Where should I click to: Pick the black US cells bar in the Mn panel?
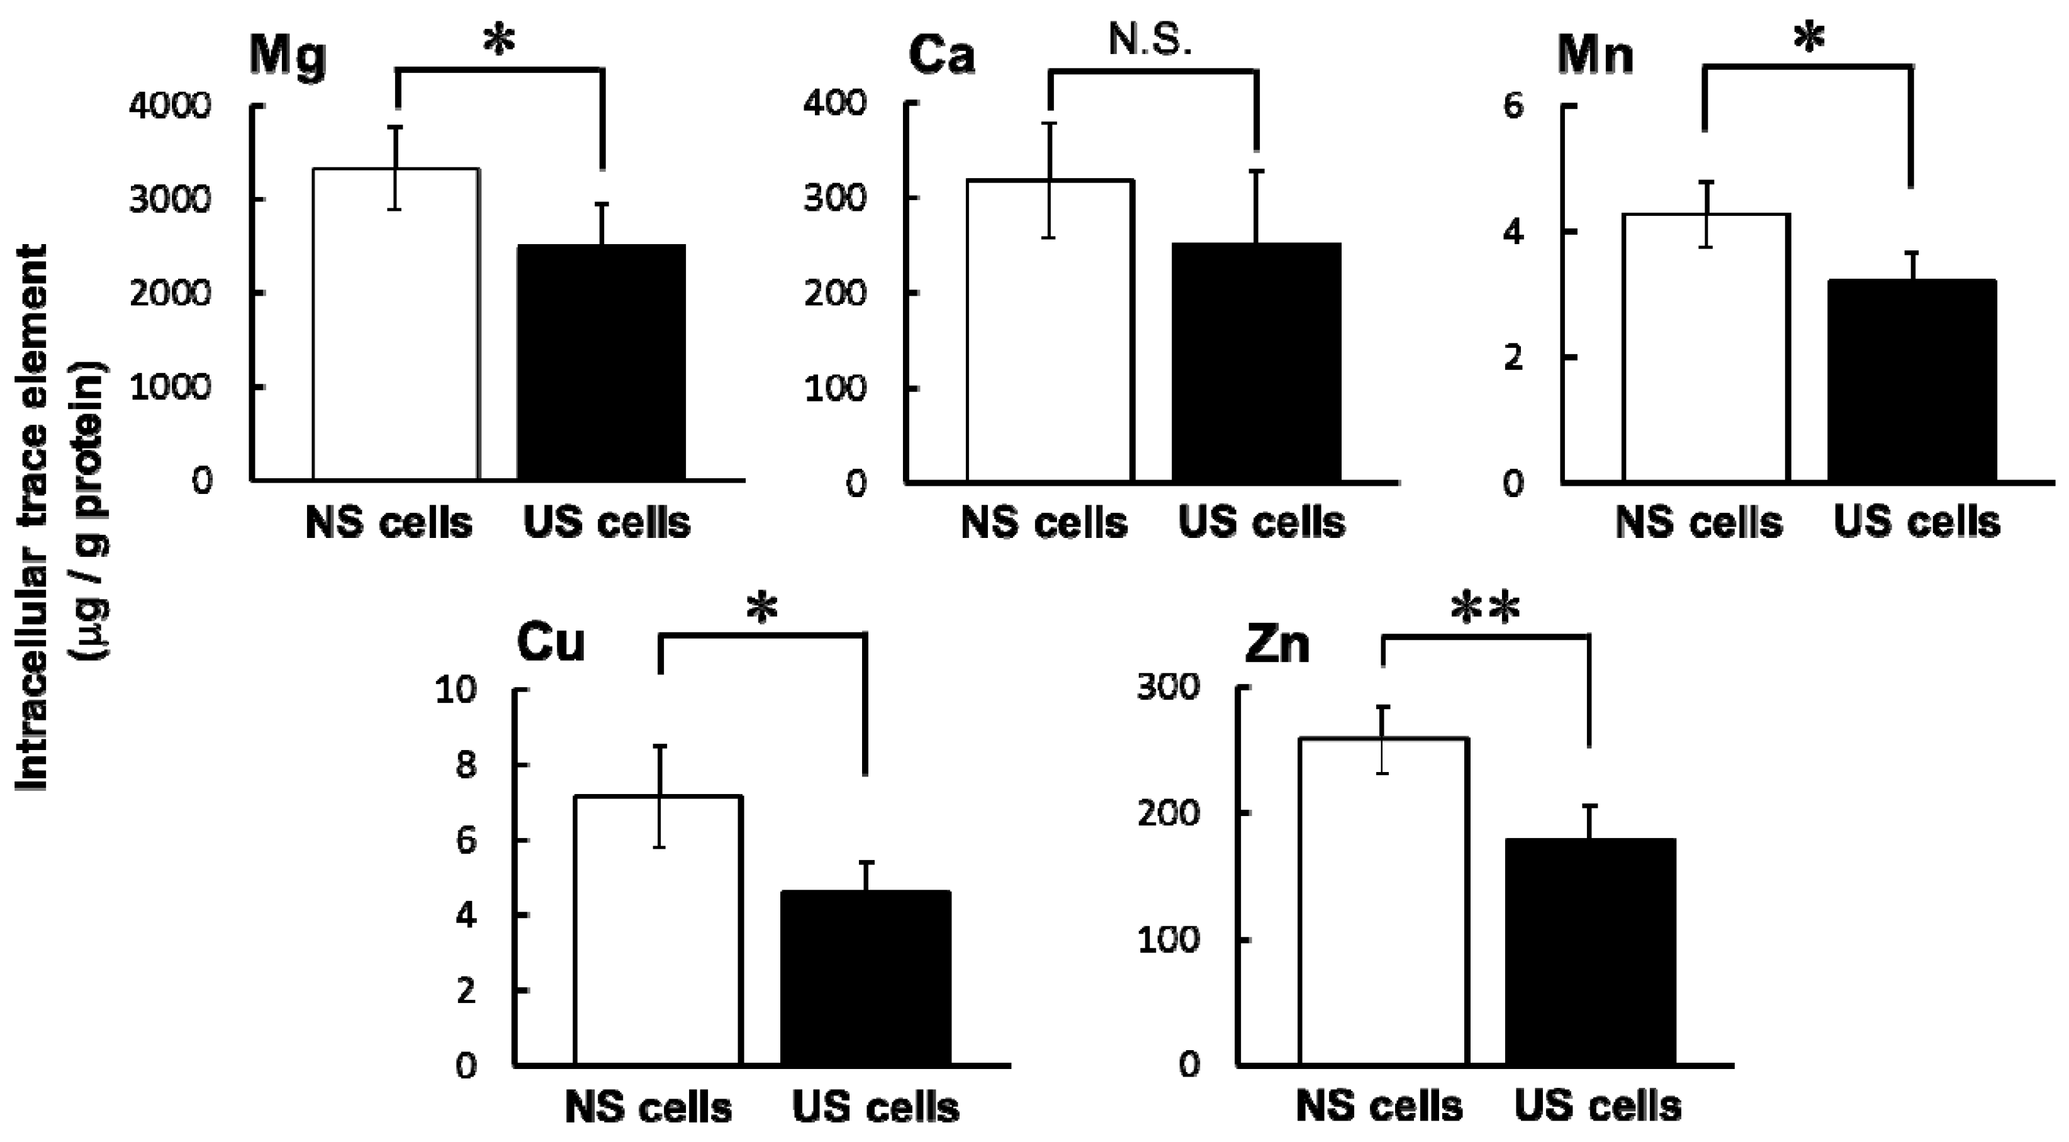pyautogui.click(x=1912, y=381)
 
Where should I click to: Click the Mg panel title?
pyautogui.click(x=288, y=56)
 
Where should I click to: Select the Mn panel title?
pyautogui.click(x=1595, y=56)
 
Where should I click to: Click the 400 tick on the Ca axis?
pyautogui.click(x=835, y=103)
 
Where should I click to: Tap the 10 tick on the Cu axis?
pyautogui.click(x=454, y=690)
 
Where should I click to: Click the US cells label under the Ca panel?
pyautogui.click(x=1261, y=522)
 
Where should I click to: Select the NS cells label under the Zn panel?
pyautogui.click(x=1379, y=1107)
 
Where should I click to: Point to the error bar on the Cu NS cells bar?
pyautogui.click(x=659, y=795)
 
